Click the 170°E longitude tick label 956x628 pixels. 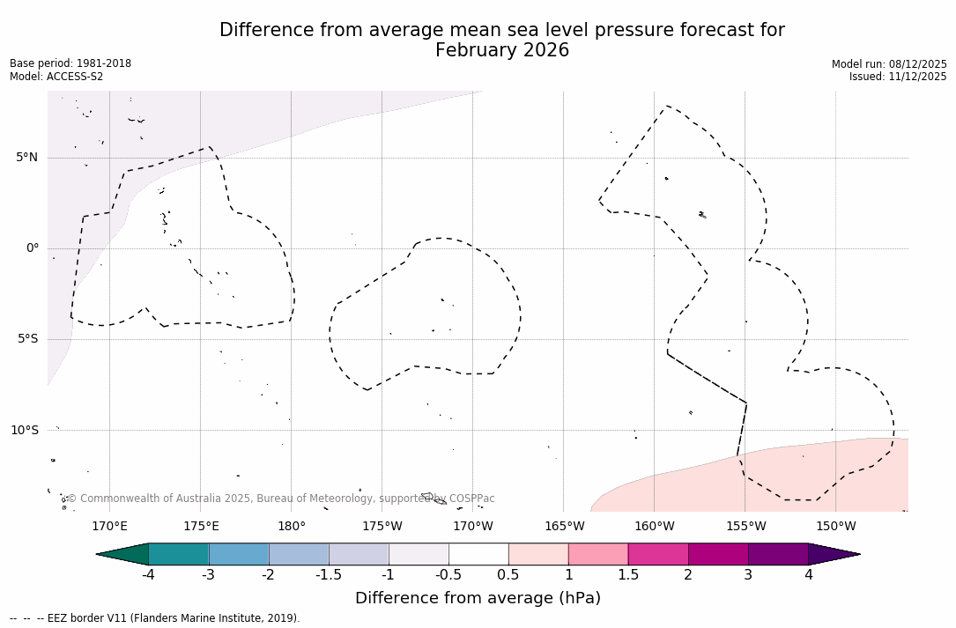point(109,527)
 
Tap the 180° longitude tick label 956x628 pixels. point(292,527)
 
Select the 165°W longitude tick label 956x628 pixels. point(564,527)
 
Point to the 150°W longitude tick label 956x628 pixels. point(835,527)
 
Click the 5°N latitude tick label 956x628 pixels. point(27,158)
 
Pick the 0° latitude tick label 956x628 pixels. point(33,248)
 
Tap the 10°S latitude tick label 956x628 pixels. point(25,431)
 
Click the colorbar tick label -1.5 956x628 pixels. point(329,575)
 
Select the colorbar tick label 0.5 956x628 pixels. point(508,575)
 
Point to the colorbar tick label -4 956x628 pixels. point(149,575)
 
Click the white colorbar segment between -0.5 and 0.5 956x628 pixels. point(478,554)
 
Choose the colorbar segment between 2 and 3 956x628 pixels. point(718,554)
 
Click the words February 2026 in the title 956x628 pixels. point(502,51)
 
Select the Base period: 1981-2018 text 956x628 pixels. point(70,63)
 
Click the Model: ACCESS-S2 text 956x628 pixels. point(56,77)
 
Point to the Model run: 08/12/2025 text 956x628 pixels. point(889,64)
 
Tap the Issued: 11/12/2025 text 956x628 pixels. point(898,77)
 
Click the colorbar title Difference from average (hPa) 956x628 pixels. point(478,599)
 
